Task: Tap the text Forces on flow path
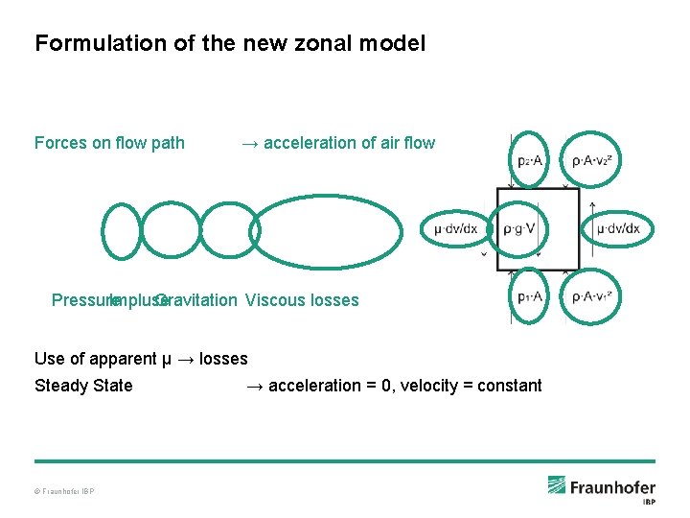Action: tap(109, 143)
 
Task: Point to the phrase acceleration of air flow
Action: tap(349, 143)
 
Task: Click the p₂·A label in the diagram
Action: tap(530, 161)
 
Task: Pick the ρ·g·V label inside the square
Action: tap(519, 229)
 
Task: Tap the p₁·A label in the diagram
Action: tap(530, 297)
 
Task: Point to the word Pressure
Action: tap(82, 300)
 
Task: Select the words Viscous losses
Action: tap(302, 300)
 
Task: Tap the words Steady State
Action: tap(83, 386)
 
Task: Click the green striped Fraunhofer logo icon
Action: tap(557, 485)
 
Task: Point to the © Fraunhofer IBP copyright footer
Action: tap(64, 492)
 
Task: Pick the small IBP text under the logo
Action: tap(648, 502)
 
